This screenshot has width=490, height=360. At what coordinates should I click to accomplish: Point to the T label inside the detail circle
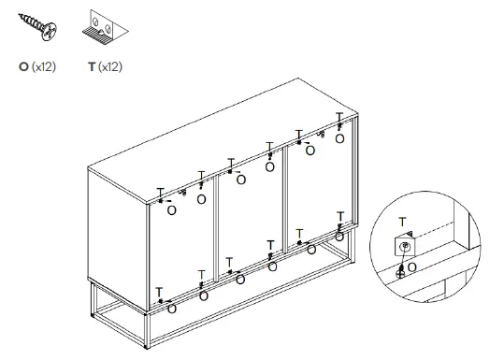(x=402, y=222)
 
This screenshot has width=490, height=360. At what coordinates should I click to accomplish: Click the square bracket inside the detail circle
(x=404, y=247)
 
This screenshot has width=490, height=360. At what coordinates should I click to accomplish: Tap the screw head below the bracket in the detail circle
(x=401, y=272)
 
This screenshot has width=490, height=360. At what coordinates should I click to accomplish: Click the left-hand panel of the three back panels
(x=182, y=248)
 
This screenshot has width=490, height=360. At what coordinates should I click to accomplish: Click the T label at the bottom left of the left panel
(x=159, y=291)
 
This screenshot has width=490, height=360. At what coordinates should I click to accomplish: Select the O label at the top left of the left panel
(x=171, y=210)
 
